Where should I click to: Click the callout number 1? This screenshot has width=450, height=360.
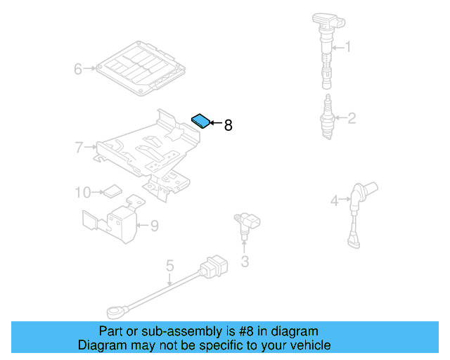(x=347, y=48)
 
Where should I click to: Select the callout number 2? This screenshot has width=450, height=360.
(x=351, y=118)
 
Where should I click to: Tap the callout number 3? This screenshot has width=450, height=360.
(x=245, y=262)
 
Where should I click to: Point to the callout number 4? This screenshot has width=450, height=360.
(x=335, y=201)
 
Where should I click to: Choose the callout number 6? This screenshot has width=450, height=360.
(x=79, y=68)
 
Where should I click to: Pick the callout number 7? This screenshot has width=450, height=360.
(x=79, y=147)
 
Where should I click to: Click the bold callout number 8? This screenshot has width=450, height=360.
(x=228, y=126)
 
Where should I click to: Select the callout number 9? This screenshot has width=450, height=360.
(x=154, y=226)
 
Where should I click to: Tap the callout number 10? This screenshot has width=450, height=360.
(x=82, y=191)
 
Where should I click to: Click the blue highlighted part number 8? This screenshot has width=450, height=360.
(x=201, y=120)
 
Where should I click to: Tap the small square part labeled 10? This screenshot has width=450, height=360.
(x=112, y=190)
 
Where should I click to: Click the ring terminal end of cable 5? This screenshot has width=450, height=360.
(x=114, y=309)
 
